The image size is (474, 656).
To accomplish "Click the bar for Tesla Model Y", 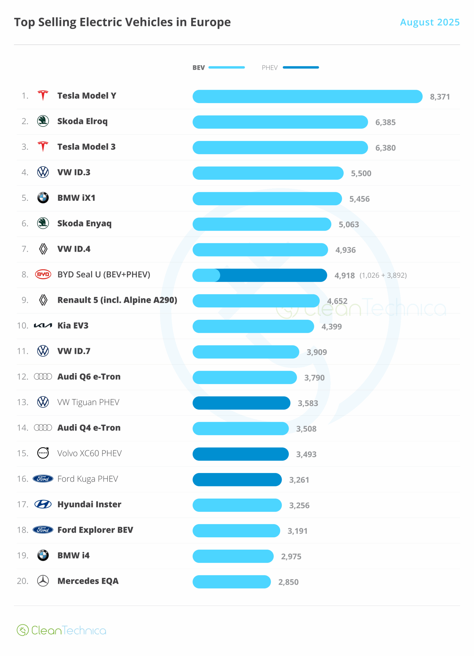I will [x=307, y=97].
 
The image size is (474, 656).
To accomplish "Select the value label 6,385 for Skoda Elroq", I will [x=385, y=122].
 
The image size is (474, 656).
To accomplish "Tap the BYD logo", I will [x=43, y=274].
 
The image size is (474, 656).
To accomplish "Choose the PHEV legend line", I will [x=301, y=67].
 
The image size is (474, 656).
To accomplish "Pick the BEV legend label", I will [x=198, y=68].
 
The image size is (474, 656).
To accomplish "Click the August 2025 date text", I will [x=429, y=22].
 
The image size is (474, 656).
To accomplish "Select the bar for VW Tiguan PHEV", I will [x=241, y=403].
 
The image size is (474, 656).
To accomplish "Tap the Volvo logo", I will [x=43, y=453].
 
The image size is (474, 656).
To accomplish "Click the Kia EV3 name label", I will [x=73, y=326].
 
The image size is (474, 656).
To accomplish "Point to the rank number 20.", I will [x=23, y=581].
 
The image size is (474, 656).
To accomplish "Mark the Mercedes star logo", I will [x=43, y=581].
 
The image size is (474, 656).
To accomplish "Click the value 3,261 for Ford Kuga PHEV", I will [x=299, y=480].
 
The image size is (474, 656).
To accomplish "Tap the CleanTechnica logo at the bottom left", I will [x=61, y=630].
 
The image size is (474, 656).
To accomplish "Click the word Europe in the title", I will [x=210, y=22].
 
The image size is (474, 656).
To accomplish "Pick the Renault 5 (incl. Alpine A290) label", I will [x=117, y=300].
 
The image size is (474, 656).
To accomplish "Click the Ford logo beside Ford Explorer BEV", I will [x=43, y=530].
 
